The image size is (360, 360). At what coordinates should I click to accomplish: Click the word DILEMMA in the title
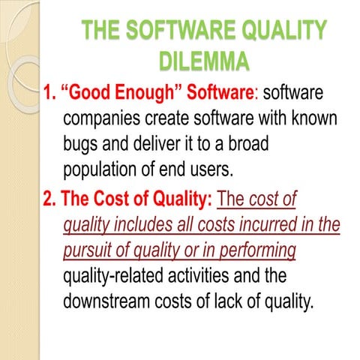click(x=203, y=60)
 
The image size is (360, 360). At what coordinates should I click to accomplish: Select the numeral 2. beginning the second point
click(x=49, y=200)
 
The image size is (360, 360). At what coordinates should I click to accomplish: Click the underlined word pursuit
click(x=91, y=249)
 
